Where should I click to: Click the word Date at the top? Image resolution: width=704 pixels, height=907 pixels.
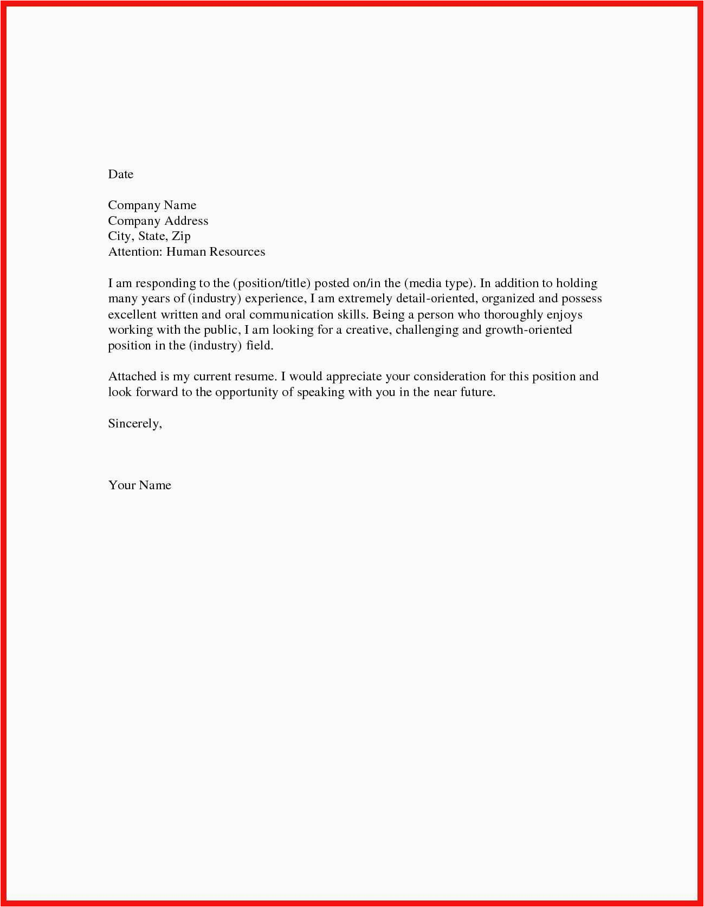[x=120, y=174]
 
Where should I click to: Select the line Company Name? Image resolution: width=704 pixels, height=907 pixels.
[x=152, y=205]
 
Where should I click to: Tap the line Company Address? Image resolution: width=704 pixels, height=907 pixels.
[x=158, y=221]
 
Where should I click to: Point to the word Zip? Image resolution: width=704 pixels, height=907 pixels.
[x=181, y=236]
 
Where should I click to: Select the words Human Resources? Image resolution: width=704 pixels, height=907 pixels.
[x=215, y=252]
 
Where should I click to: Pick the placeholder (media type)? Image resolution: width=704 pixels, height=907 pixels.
[x=440, y=283]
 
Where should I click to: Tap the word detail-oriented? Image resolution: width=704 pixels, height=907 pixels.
[x=435, y=299]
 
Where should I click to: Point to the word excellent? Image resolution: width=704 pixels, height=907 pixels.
[x=132, y=314]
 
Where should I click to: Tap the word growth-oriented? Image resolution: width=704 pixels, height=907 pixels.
[x=528, y=330]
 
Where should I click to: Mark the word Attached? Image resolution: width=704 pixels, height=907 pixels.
[x=132, y=377]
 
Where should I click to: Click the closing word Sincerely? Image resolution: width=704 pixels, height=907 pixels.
[x=134, y=424]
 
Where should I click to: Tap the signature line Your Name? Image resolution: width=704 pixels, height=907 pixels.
[x=139, y=485]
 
